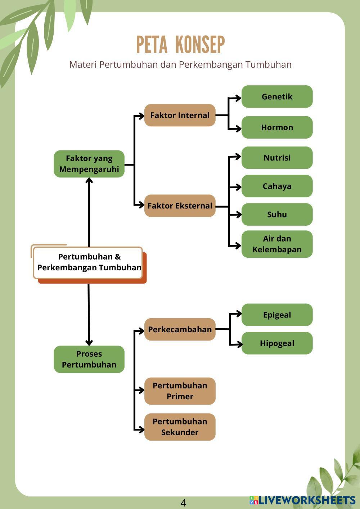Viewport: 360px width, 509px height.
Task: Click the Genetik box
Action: click(277, 96)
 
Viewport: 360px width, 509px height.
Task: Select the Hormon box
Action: click(277, 127)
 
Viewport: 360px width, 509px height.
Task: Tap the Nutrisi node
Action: click(277, 158)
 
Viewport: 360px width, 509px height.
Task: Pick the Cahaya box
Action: click(277, 186)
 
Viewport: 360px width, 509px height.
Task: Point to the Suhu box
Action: click(277, 215)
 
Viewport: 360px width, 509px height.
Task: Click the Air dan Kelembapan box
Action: click(277, 244)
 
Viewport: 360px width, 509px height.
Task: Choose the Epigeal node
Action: click(277, 315)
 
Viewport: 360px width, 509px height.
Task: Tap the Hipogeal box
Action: click(277, 343)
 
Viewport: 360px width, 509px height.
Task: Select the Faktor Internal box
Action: click(180, 115)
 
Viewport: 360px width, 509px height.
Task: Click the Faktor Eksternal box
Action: click(180, 206)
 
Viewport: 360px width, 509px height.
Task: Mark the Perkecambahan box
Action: click(180, 329)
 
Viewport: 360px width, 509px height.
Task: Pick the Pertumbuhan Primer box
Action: click(180, 391)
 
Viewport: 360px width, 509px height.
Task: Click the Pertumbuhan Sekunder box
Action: click(180, 427)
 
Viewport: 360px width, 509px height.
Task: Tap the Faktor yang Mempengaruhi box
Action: click(89, 164)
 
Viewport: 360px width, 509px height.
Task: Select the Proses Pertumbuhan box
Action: click(89, 359)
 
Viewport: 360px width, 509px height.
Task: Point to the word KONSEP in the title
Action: click(200, 45)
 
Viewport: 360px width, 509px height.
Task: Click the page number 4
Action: click(183, 503)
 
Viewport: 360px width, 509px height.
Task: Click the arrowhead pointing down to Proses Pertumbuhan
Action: click(89, 342)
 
